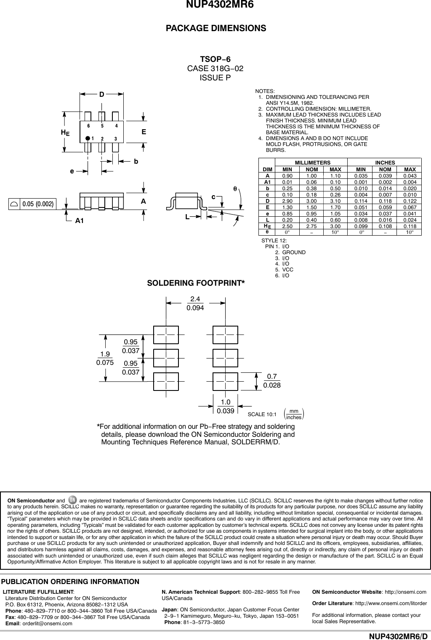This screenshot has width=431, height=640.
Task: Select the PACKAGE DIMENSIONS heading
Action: point(216,28)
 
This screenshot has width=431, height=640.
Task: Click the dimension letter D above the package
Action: point(101,94)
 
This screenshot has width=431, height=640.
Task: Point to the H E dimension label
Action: point(65,133)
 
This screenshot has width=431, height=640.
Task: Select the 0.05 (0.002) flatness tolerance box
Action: point(32,204)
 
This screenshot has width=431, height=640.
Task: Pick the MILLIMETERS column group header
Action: point(311,162)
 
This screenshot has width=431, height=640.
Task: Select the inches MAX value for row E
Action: point(410,208)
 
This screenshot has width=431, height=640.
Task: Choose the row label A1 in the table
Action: point(267,182)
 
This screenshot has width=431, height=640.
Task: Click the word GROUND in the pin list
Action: point(294,252)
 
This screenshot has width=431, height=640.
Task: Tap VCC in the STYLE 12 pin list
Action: point(287,269)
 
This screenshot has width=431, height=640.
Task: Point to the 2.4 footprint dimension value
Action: point(195,299)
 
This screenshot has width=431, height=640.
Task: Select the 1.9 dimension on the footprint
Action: point(105,354)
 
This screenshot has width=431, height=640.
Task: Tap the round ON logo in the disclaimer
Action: point(72,500)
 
